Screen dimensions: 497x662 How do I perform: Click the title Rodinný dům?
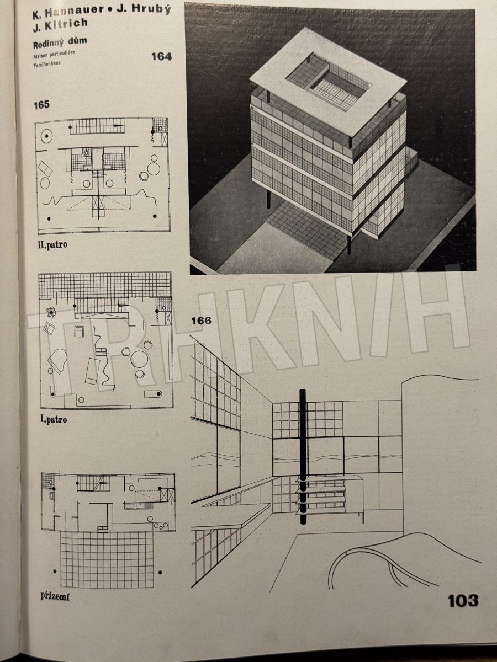click(60, 42)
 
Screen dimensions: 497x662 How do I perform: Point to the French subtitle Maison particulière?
click(54, 54)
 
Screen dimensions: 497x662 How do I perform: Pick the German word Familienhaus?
click(47, 63)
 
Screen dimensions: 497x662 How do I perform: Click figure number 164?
click(161, 56)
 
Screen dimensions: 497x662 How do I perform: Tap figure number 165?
click(41, 105)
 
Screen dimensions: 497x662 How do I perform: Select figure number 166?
click(202, 321)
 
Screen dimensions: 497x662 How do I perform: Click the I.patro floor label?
click(54, 419)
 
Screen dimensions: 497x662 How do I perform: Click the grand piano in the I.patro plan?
click(57, 361)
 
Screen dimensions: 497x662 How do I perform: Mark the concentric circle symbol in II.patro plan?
click(46, 137)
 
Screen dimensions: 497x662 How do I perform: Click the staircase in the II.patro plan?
click(97, 126)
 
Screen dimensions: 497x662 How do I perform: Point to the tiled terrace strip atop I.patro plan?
click(105, 285)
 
